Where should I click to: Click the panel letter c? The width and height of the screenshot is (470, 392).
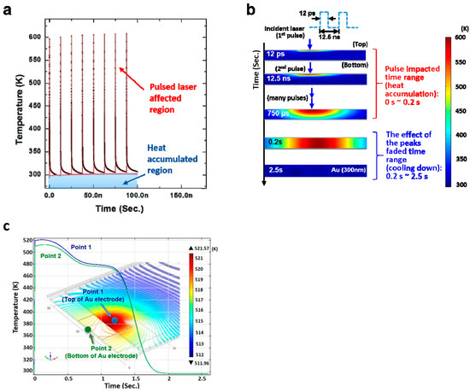point(9,226)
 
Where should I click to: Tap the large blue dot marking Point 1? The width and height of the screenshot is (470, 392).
point(103,319)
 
